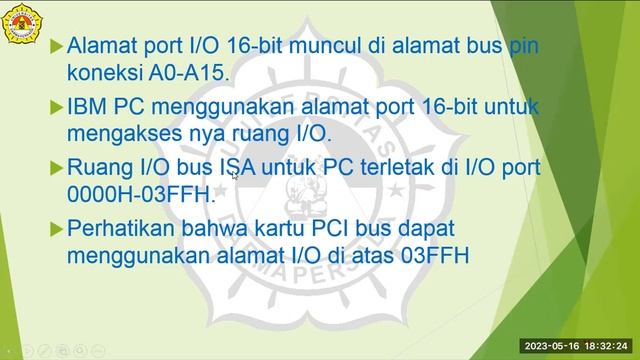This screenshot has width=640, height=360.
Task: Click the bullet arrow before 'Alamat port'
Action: [x=56, y=46]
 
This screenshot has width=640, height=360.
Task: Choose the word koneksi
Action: [x=104, y=72]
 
